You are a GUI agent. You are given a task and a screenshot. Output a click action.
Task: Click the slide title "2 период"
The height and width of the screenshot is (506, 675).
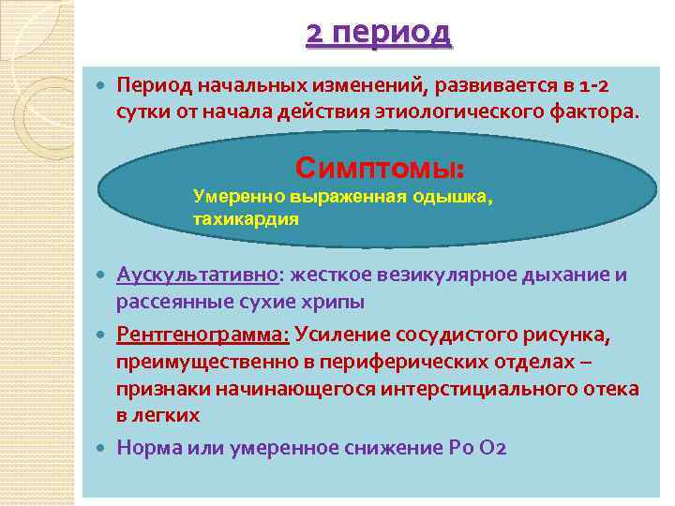pos(379,34)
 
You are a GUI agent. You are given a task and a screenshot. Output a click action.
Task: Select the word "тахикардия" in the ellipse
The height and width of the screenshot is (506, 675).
pos(246,219)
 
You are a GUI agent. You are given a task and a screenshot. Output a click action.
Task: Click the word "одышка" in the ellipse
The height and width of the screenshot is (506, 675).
pos(454,198)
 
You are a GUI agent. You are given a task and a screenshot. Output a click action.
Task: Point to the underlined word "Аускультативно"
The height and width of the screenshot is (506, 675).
pos(198,275)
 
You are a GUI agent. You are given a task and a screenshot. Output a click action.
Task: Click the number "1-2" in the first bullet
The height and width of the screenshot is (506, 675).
pos(592,87)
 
